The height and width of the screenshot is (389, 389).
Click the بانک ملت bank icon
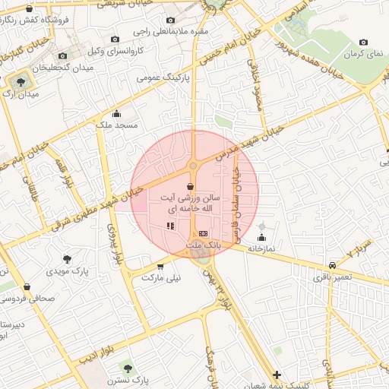[x=202, y=233]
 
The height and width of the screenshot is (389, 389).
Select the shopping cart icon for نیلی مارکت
[x=160, y=267]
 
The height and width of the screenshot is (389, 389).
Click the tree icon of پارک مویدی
[x=69, y=259]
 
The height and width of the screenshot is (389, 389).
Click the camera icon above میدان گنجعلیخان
[x=63, y=56]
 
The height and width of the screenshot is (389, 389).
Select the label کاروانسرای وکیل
[x=96, y=51]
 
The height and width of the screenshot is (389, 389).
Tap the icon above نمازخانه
[x=262, y=227]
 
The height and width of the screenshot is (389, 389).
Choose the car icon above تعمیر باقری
[x=333, y=265]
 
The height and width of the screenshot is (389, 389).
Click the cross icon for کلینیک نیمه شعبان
[x=277, y=375]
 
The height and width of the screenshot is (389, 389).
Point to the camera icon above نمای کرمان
[x=363, y=43]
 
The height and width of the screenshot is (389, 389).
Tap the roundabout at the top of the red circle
[x=193, y=165]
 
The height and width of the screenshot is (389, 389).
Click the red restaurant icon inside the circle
[x=171, y=226]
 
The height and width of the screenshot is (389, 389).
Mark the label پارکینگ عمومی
[x=163, y=77]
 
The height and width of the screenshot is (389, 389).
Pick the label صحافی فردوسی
[x=27, y=298]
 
